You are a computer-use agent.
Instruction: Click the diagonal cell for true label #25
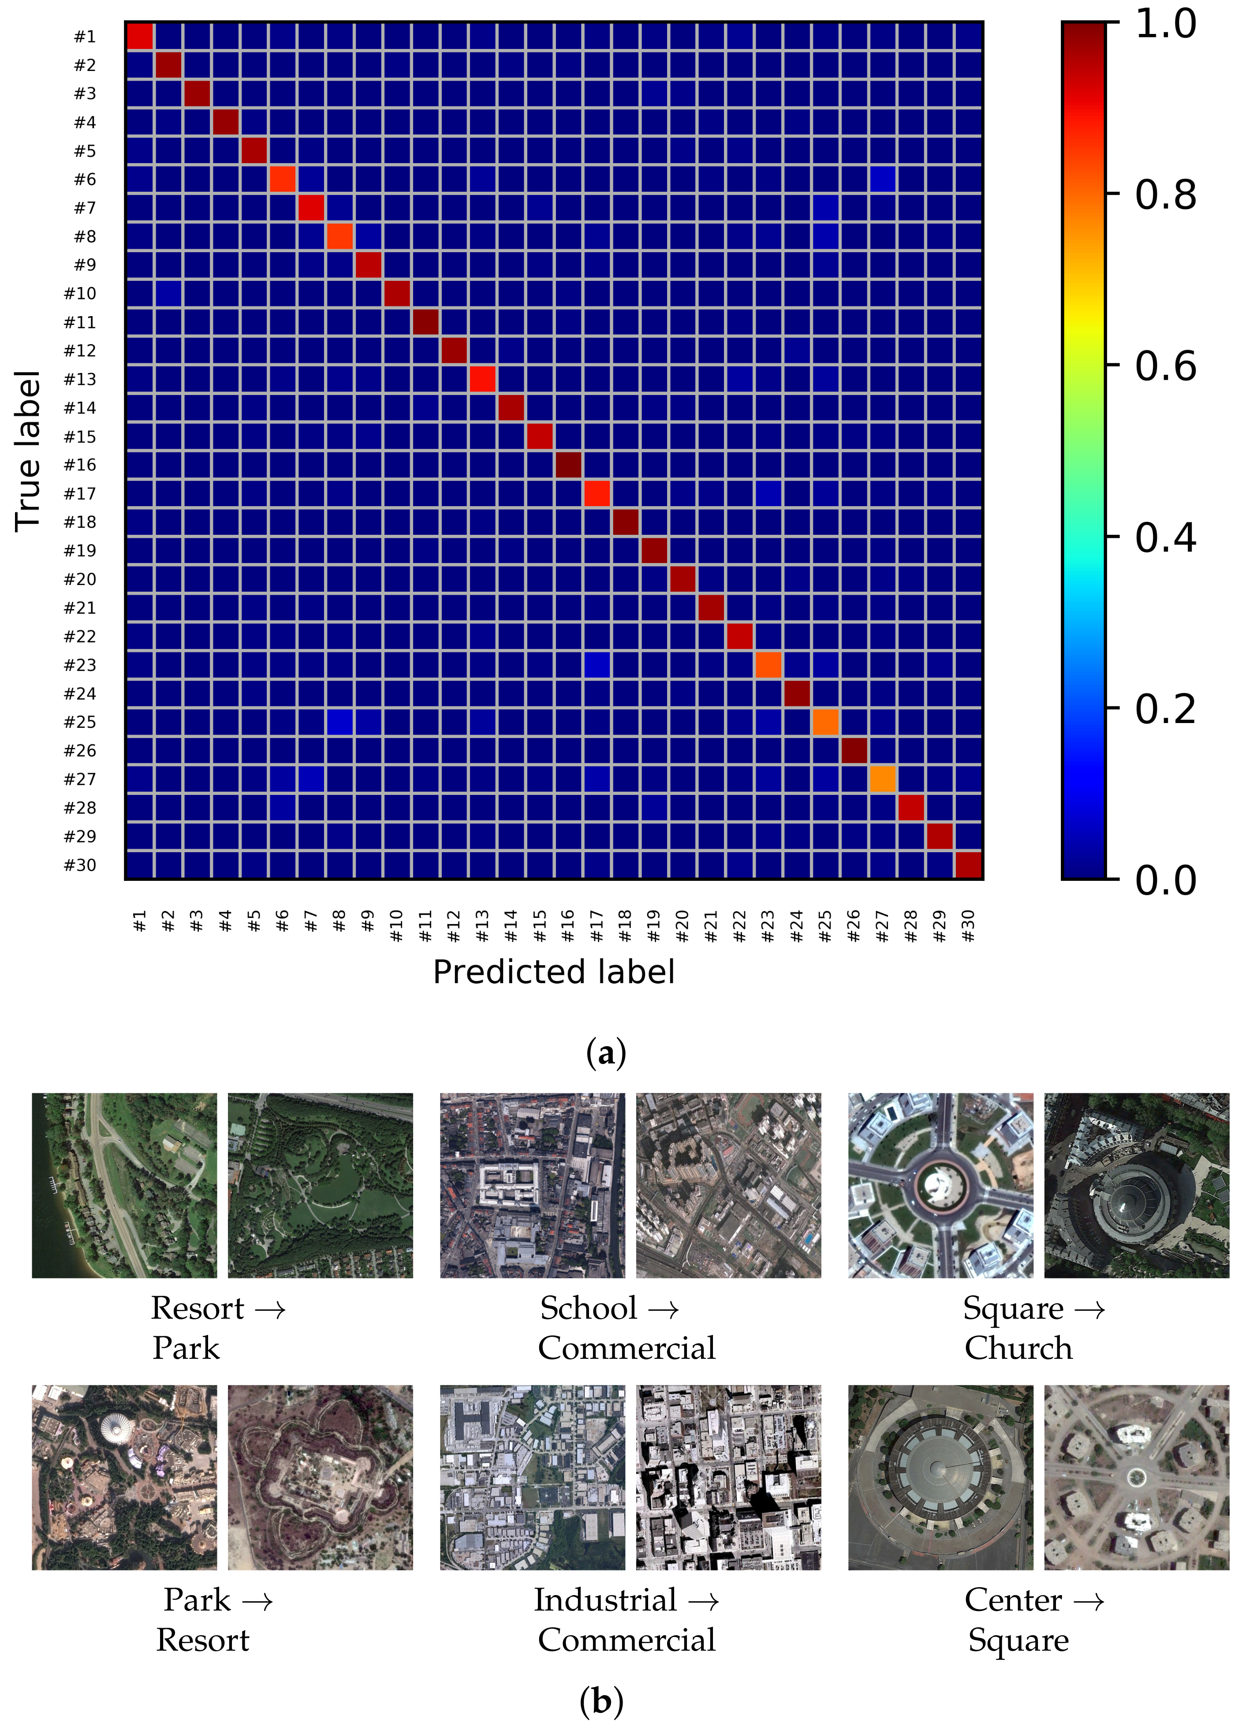[x=825, y=722]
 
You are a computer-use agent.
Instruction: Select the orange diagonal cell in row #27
[x=883, y=779]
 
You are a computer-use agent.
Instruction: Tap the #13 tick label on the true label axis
[x=80, y=379]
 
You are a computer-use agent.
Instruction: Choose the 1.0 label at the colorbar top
[x=1165, y=24]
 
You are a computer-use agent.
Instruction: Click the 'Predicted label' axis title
[x=554, y=972]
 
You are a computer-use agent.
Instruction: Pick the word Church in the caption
[x=1018, y=1348]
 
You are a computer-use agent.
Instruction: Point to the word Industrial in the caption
[x=605, y=1600]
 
